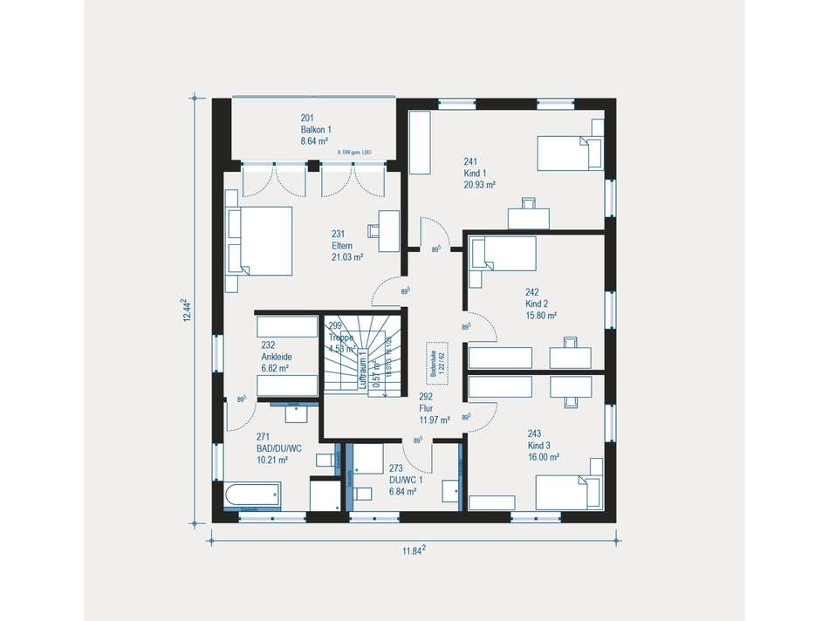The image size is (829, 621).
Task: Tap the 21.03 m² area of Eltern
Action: click(346, 257)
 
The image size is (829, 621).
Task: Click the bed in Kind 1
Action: click(569, 152)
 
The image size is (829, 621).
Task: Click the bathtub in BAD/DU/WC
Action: click(252, 495)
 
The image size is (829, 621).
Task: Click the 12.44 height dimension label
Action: click(185, 310)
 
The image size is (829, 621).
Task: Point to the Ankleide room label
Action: click(275, 357)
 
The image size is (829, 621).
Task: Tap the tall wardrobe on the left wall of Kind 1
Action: click(420, 142)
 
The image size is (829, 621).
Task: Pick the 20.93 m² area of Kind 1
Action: click(480, 185)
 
